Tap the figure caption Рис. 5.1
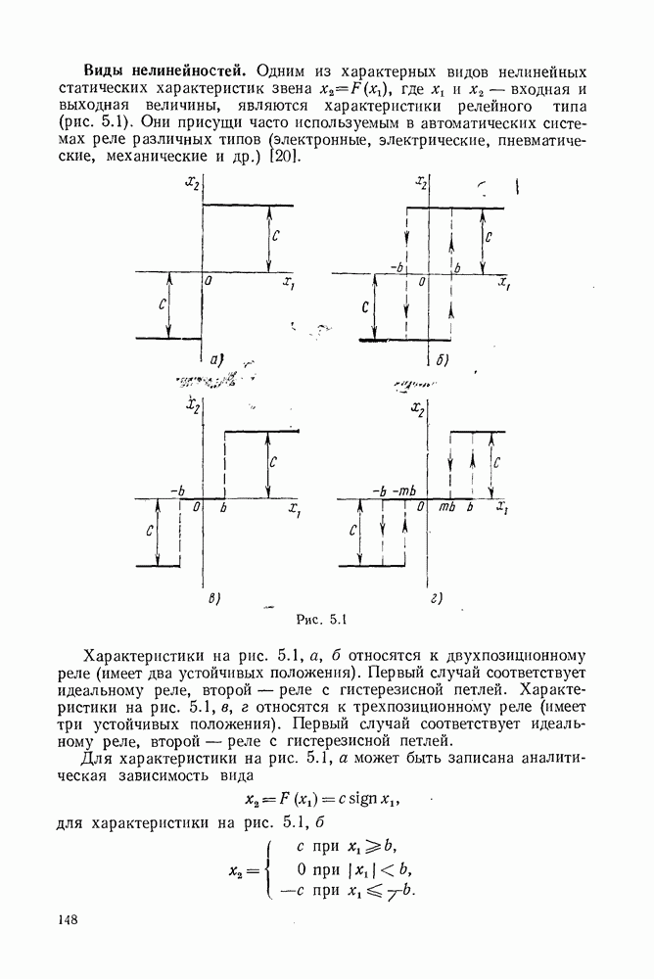tap(321, 618)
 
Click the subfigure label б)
tap(444, 361)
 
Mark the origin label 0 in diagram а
tap(209, 282)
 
